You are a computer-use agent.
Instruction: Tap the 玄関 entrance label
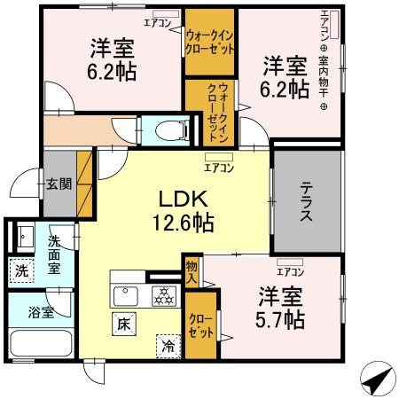coord(59,185)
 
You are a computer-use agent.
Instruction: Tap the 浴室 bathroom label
coord(41,312)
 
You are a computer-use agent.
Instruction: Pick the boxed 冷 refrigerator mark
coord(166,345)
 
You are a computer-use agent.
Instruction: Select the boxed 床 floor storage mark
coord(122,324)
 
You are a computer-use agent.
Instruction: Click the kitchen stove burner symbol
coord(162,295)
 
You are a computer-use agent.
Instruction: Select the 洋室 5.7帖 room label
coord(282,306)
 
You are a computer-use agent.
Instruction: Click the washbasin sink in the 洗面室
coord(23,237)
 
